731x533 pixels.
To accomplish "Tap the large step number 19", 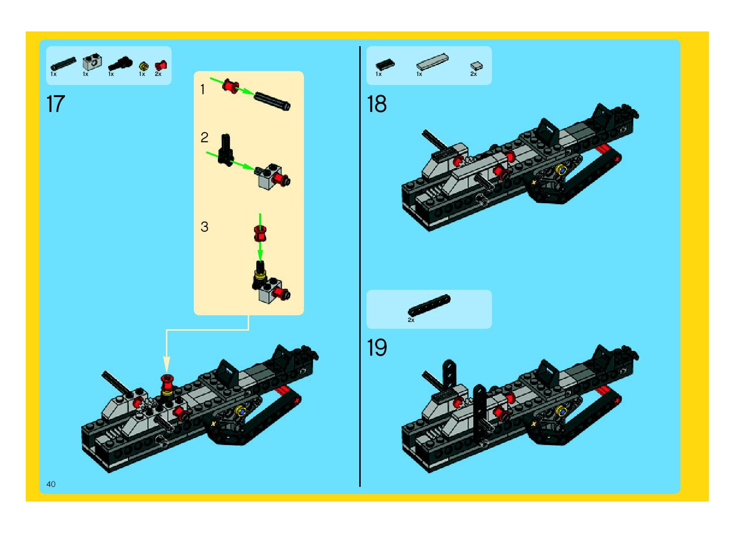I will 377,347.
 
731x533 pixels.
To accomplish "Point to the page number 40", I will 51,484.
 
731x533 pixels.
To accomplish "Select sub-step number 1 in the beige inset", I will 203,90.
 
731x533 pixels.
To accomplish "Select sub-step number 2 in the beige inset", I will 204,138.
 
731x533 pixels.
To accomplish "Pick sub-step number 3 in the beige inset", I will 204,227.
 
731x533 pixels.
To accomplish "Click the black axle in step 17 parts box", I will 64,63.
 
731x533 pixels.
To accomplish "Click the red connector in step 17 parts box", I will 160,65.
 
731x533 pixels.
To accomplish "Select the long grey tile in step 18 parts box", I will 432,61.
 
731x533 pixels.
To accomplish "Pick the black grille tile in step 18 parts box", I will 385,64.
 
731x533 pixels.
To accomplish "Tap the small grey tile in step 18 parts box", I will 476,66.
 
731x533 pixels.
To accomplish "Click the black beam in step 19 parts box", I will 429,304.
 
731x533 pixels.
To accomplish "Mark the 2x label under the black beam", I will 411,320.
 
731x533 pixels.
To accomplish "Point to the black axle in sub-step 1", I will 272,101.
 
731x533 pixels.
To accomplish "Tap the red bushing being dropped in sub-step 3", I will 260,234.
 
